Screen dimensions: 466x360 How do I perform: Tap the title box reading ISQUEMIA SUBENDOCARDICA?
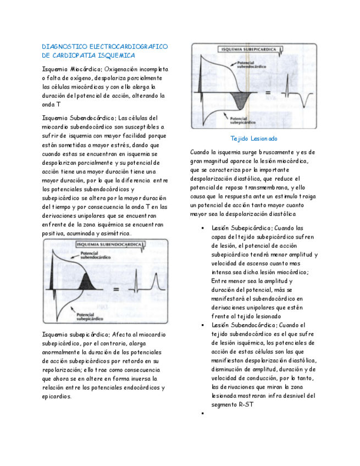point(92,245)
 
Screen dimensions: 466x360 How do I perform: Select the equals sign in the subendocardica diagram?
point(117,289)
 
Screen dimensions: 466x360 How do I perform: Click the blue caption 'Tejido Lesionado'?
point(253,138)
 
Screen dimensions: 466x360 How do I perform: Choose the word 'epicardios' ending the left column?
point(57,396)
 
